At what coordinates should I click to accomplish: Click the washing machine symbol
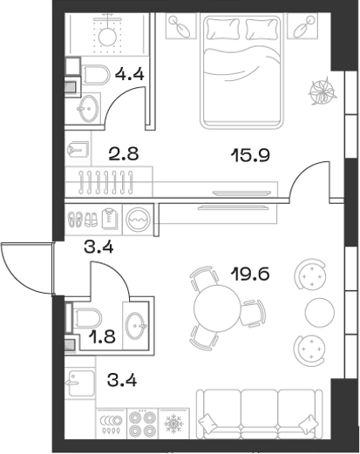pyautogui.click(x=138, y=217)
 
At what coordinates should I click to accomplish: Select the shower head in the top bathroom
pyautogui.click(x=107, y=34)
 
